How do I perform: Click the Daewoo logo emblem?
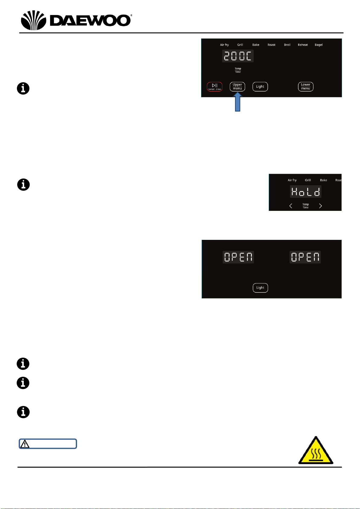(x=34, y=20)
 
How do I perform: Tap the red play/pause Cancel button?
(x=214, y=87)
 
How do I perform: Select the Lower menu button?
(x=306, y=87)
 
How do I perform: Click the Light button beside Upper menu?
(x=260, y=87)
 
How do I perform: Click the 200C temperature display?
(x=238, y=56)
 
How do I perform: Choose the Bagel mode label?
(x=318, y=45)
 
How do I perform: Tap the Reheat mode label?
(x=303, y=45)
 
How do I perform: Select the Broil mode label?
(x=287, y=45)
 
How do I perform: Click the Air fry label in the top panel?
(x=224, y=45)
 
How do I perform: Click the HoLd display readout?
(x=306, y=192)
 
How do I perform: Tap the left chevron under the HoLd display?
(x=291, y=206)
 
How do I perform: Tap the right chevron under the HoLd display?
(x=320, y=206)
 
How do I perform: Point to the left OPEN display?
(x=238, y=257)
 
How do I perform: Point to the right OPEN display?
(x=305, y=257)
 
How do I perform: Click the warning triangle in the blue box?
(x=25, y=444)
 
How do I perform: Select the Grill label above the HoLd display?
(x=308, y=180)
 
